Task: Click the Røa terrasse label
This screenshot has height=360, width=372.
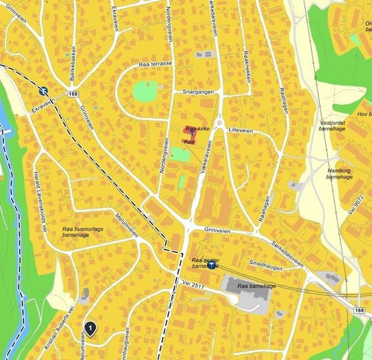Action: [x=155, y=64]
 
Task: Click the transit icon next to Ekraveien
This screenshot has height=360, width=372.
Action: [x=44, y=91]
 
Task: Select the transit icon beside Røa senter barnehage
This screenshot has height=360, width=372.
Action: [x=212, y=265]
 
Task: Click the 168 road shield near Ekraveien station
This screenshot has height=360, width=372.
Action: [x=73, y=94]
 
